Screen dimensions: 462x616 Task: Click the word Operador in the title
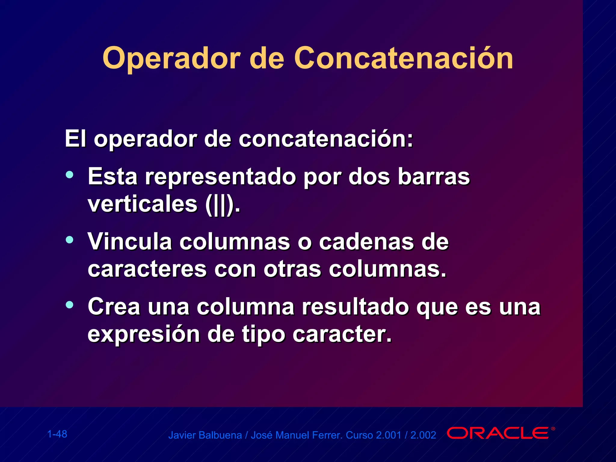coord(171,59)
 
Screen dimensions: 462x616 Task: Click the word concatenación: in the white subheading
coord(326,139)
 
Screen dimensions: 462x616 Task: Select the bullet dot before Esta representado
coord(69,174)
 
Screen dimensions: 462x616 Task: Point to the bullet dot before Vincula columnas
coord(69,240)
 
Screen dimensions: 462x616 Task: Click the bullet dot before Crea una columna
coord(69,305)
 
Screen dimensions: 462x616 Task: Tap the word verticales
coord(142,204)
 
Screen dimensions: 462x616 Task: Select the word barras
coord(433,177)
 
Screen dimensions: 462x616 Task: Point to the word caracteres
coord(147,269)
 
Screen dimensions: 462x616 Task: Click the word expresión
coord(143,334)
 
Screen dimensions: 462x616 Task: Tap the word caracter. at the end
coord(342,334)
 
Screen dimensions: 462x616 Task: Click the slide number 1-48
coord(57,434)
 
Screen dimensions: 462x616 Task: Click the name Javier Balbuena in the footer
coord(205,435)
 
